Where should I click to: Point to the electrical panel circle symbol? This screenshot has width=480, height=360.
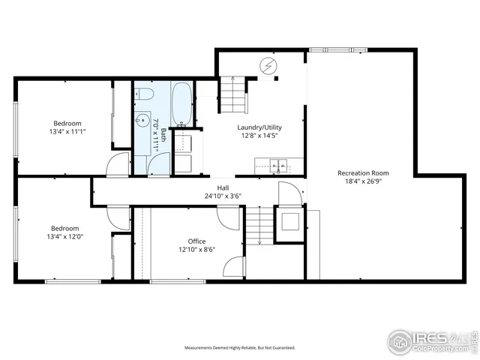[x=269, y=66]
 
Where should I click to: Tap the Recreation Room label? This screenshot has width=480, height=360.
[x=363, y=172]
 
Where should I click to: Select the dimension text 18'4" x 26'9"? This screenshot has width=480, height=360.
[x=363, y=181]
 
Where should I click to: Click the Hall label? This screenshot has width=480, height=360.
[x=223, y=187]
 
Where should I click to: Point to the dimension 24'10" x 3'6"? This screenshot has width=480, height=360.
[x=223, y=196]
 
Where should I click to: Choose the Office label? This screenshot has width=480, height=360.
[x=196, y=241]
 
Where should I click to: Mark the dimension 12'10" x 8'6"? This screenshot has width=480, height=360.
[x=196, y=250]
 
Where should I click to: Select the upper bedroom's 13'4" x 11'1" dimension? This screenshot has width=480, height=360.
[x=67, y=132]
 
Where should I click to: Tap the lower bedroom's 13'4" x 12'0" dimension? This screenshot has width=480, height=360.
[x=67, y=238]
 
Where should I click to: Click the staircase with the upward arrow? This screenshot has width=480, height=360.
[x=233, y=94]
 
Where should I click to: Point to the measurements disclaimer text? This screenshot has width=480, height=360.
[x=240, y=348]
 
